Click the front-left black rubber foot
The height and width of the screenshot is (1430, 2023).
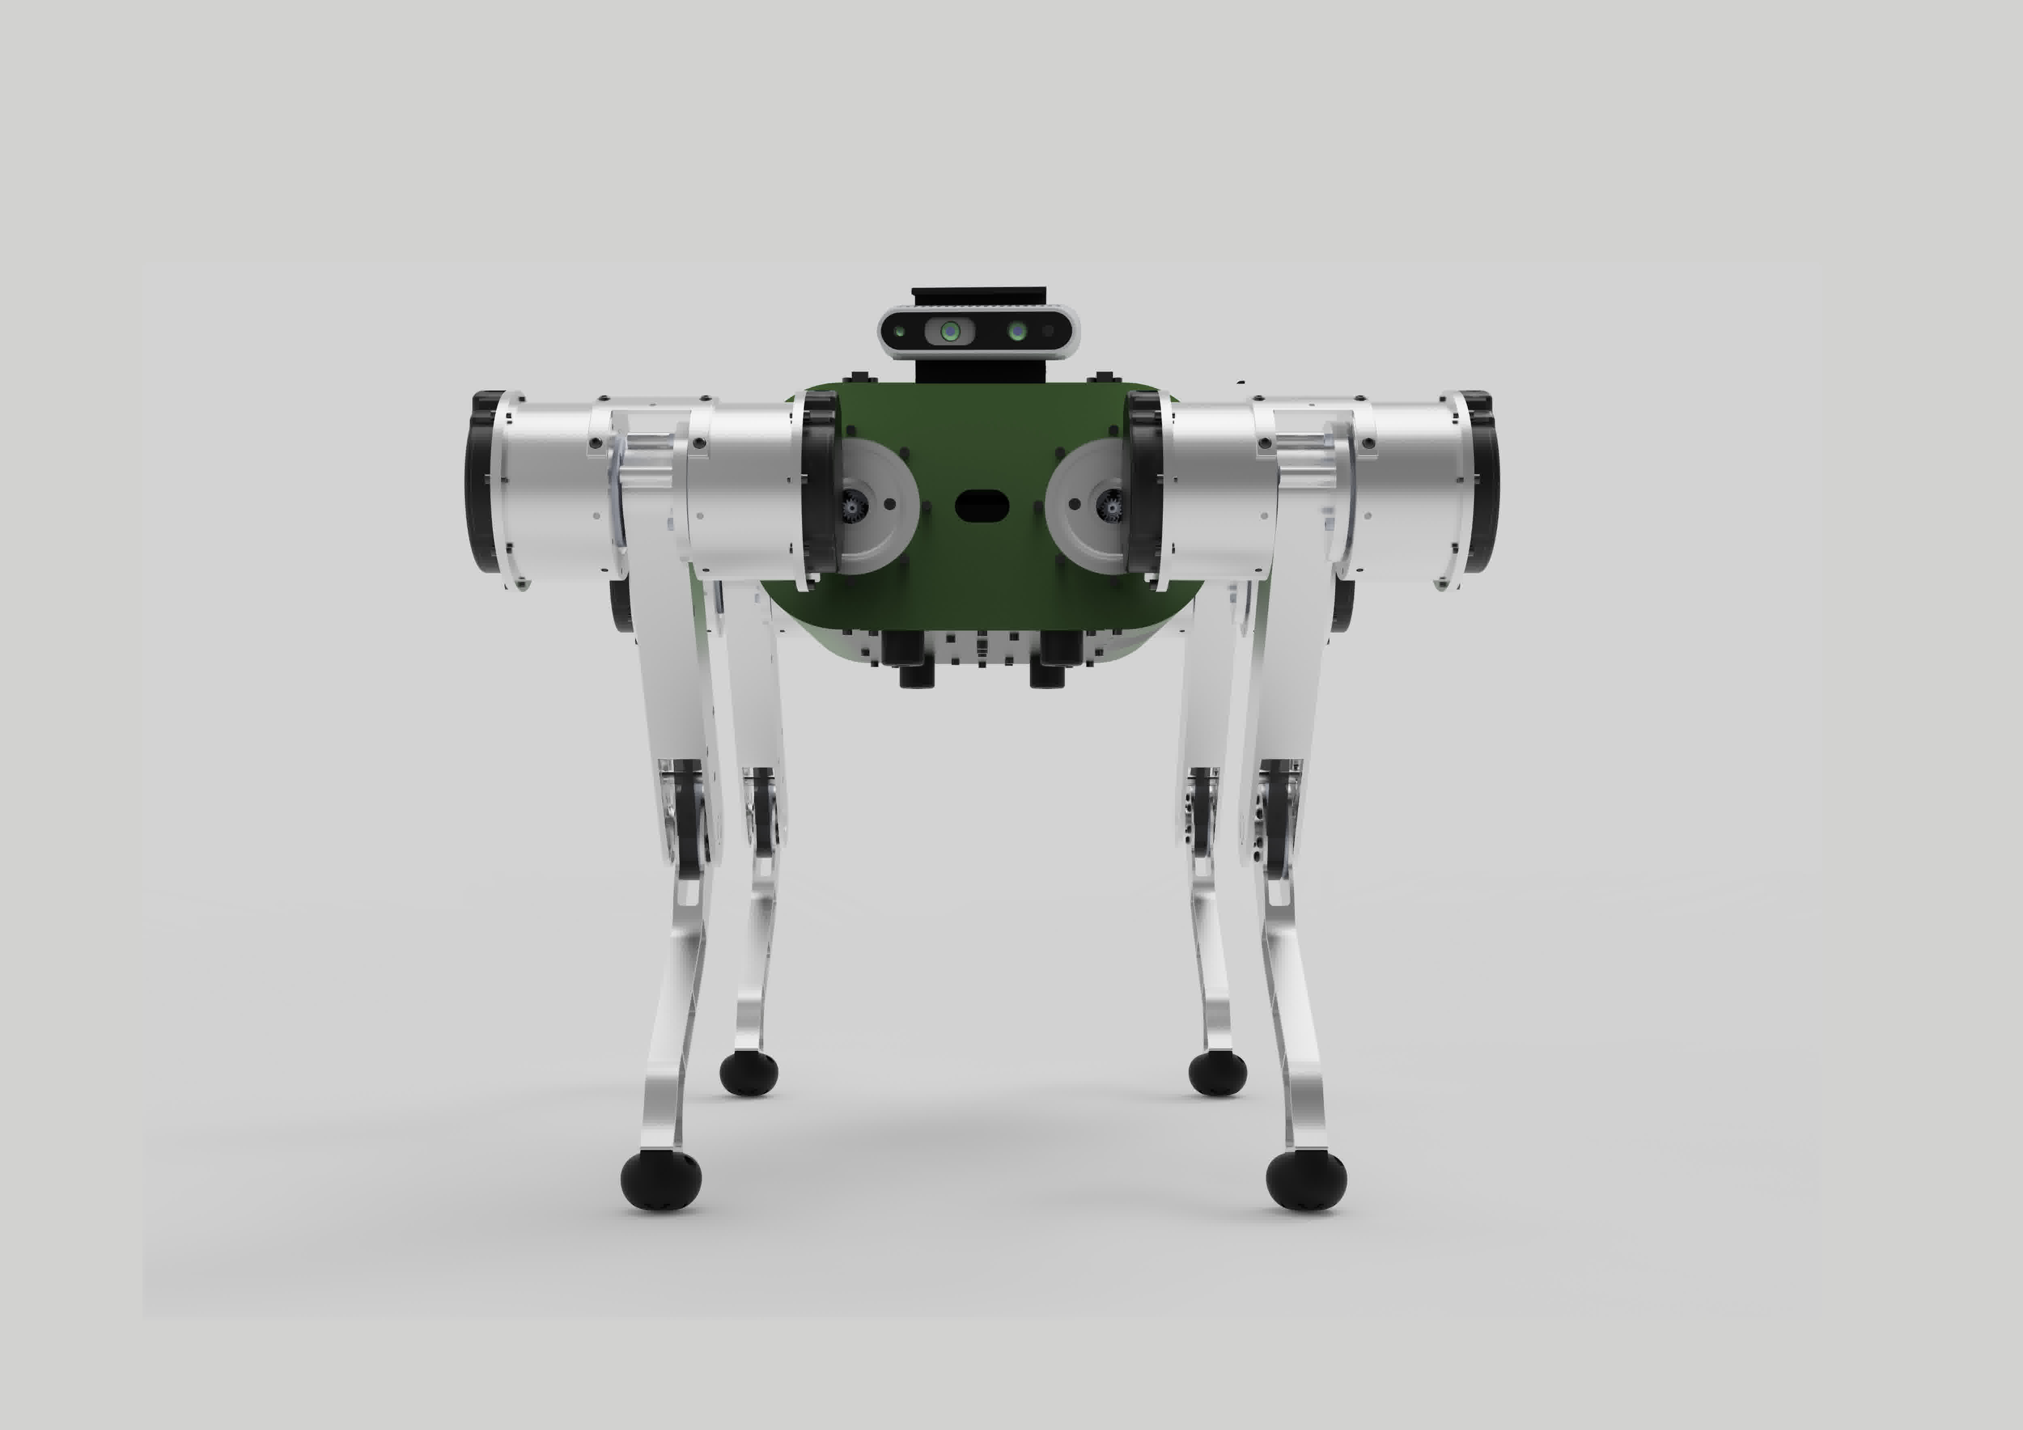[x=661, y=1179]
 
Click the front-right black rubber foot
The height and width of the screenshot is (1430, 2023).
[x=1306, y=1179]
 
